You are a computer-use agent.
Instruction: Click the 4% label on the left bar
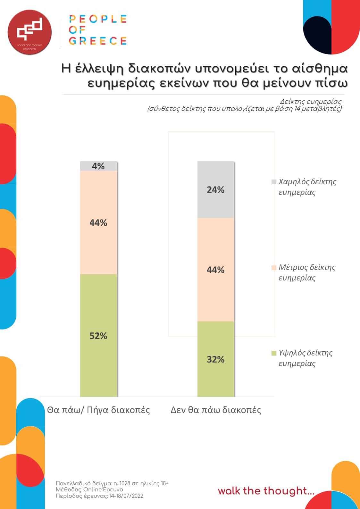click(x=98, y=166)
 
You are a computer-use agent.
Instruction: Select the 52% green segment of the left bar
click(x=98, y=335)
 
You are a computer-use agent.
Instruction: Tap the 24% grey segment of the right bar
click(x=216, y=190)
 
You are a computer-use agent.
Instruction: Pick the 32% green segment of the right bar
click(x=216, y=359)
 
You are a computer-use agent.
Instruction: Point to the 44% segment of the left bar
click(x=98, y=222)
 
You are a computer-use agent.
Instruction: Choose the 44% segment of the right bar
click(x=216, y=270)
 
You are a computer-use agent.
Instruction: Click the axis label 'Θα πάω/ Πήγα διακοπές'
click(x=98, y=410)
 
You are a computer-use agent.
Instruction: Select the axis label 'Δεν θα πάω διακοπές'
click(x=216, y=410)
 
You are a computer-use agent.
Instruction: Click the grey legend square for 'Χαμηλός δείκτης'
click(x=274, y=182)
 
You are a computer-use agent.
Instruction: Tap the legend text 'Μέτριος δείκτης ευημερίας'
click(x=306, y=272)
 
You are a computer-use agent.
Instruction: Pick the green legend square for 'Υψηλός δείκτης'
click(x=274, y=353)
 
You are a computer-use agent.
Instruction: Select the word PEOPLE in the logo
click(x=98, y=19)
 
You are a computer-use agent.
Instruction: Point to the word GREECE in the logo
click(x=98, y=41)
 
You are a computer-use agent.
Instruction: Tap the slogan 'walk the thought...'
click(x=266, y=491)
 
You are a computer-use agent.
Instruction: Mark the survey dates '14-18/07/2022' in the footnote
click(x=126, y=496)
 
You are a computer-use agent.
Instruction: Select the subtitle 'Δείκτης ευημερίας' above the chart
click(x=311, y=102)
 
